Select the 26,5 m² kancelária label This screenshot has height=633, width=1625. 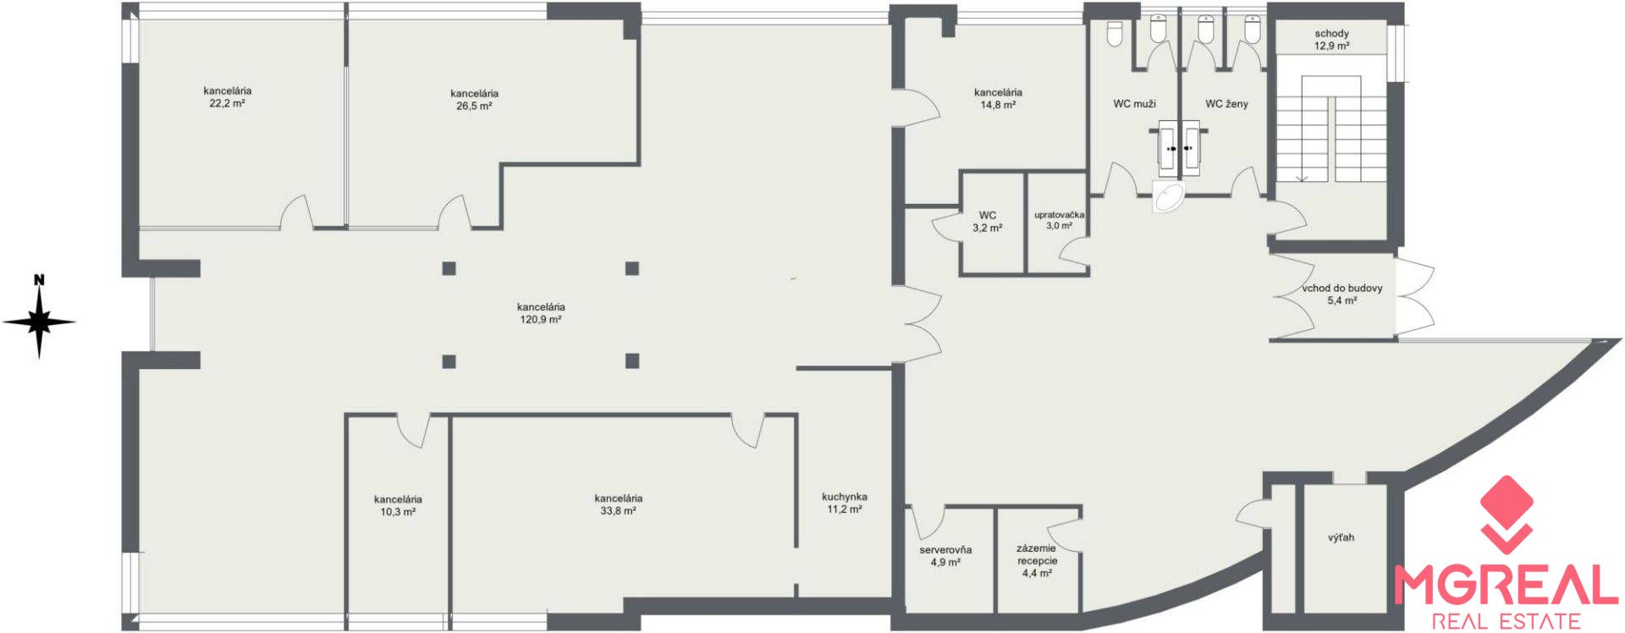tap(474, 100)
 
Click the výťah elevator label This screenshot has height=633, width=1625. tap(1341, 537)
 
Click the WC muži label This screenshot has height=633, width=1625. tap(1134, 104)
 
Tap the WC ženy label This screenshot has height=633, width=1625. tap(1226, 104)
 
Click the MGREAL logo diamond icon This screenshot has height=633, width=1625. tap(1506, 513)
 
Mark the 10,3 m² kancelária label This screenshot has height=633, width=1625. tap(398, 505)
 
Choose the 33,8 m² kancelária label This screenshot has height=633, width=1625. tap(618, 504)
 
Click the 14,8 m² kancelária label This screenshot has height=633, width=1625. tap(998, 98)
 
